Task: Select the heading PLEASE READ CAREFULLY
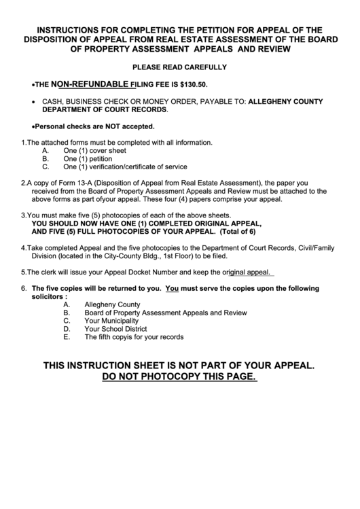(179, 67)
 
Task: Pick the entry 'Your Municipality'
(111, 320)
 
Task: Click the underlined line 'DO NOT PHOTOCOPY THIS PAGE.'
(179, 377)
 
